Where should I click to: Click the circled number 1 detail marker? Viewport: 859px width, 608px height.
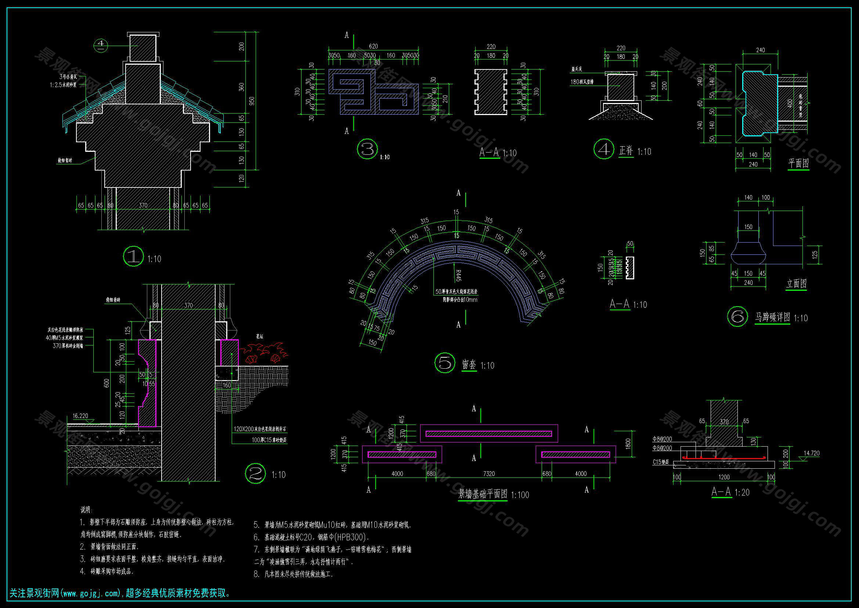133,257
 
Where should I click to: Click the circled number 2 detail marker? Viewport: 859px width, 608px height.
255,473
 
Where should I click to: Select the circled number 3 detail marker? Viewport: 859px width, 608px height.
367,149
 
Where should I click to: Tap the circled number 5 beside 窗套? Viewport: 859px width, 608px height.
445,363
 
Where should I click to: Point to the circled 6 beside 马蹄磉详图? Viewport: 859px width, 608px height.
737,316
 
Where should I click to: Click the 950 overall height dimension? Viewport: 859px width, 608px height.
252,101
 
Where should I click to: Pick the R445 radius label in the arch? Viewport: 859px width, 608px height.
458,276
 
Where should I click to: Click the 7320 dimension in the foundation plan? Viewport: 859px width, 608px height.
488,473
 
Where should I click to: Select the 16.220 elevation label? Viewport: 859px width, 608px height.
80,416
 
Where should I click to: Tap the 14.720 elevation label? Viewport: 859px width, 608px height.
811,453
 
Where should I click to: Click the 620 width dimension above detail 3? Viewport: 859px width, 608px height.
373,46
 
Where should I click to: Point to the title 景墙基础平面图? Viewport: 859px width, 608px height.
483,494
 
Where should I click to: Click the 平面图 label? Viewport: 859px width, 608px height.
798,163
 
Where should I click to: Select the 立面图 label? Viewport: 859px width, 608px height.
796,284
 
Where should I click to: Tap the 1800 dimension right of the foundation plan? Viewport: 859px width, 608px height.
628,444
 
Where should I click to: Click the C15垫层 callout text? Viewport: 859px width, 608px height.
661,462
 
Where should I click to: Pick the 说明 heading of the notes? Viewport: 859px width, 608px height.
86,509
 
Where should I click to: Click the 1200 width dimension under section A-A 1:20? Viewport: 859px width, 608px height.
724,477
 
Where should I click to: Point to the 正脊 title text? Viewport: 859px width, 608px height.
625,151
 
